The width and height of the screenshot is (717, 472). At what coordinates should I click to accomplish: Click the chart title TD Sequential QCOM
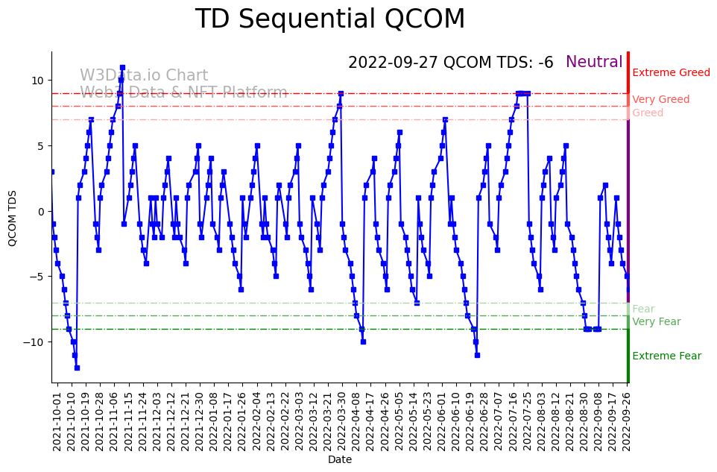[330, 20]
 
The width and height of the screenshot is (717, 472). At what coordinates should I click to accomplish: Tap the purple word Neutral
[594, 63]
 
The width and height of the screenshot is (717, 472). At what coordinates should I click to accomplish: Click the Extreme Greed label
[671, 73]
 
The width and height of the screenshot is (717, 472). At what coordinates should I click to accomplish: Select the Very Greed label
[660, 100]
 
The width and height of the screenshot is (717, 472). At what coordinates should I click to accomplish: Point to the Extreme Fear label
[666, 356]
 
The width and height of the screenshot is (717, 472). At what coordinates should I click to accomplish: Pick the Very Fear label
[656, 322]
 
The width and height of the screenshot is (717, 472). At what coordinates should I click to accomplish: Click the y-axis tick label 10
[37, 81]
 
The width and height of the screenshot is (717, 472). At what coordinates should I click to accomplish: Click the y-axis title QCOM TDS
[13, 218]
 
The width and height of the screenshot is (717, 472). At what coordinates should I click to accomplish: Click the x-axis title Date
[340, 460]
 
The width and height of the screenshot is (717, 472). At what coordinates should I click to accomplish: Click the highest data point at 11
[122, 68]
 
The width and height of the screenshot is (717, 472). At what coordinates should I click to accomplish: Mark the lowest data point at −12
[77, 368]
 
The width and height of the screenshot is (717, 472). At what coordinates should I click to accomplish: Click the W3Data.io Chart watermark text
[144, 75]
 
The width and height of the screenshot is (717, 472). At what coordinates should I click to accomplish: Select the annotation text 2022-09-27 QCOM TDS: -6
[450, 63]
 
